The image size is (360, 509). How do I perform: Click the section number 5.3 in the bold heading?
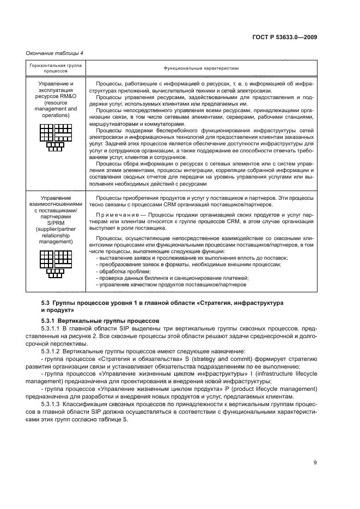pos(46,302)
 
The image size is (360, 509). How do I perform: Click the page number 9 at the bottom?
pos(315,463)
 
